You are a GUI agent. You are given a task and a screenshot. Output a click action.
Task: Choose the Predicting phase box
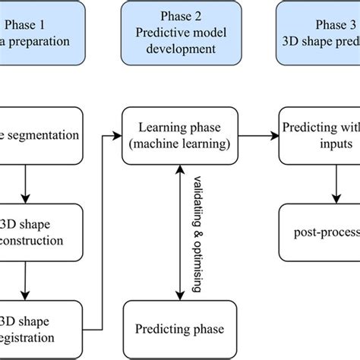[x=179, y=329]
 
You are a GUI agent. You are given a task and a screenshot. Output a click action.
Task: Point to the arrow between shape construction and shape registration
[x=27, y=280]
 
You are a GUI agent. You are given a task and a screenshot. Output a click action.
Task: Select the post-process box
[x=319, y=232]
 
